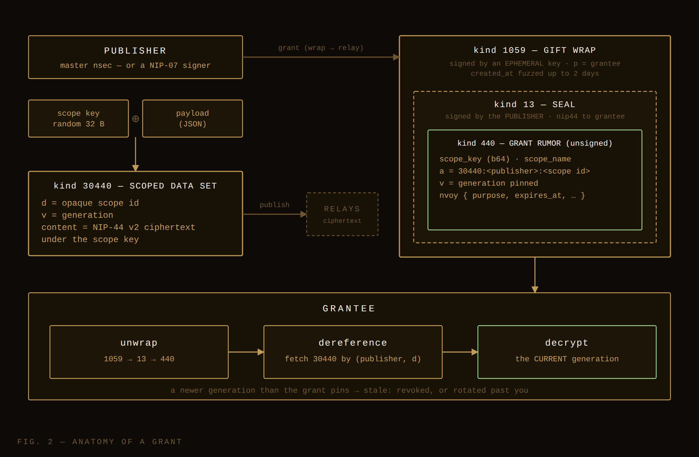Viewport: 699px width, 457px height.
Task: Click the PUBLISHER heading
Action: point(135,51)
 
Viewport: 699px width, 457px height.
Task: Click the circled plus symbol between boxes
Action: point(136,119)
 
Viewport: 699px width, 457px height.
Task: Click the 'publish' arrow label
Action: point(275,205)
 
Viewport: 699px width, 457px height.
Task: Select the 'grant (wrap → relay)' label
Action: point(321,48)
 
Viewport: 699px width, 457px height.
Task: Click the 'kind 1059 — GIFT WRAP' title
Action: point(535,50)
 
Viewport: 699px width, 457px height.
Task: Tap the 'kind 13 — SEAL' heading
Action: point(535,105)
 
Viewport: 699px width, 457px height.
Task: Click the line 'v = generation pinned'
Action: point(489,183)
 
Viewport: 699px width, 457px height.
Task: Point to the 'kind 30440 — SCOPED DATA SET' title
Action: point(135,186)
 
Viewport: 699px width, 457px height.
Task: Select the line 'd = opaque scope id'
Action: point(90,203)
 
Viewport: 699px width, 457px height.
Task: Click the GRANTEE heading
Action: point(349,308)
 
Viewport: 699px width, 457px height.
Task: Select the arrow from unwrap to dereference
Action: point(246,352)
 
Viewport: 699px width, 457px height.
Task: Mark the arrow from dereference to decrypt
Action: point(460,352)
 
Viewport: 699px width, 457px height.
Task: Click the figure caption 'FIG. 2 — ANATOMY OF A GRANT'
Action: point(100,442)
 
